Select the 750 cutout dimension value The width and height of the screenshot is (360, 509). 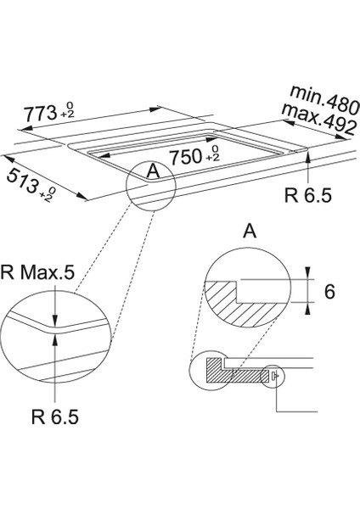[x=186, y=157]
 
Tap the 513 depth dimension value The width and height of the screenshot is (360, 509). [x=22, y=182]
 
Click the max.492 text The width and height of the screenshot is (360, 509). [x=318, y=119]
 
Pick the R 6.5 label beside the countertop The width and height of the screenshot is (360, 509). [x=307, y=196]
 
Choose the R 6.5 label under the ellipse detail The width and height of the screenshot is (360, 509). [x=55, y=417]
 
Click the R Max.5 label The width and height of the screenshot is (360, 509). [x=37, y=273]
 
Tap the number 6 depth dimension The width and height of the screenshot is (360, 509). [x=329, y=292]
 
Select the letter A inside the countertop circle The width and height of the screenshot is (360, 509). [x=153, y=171]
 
